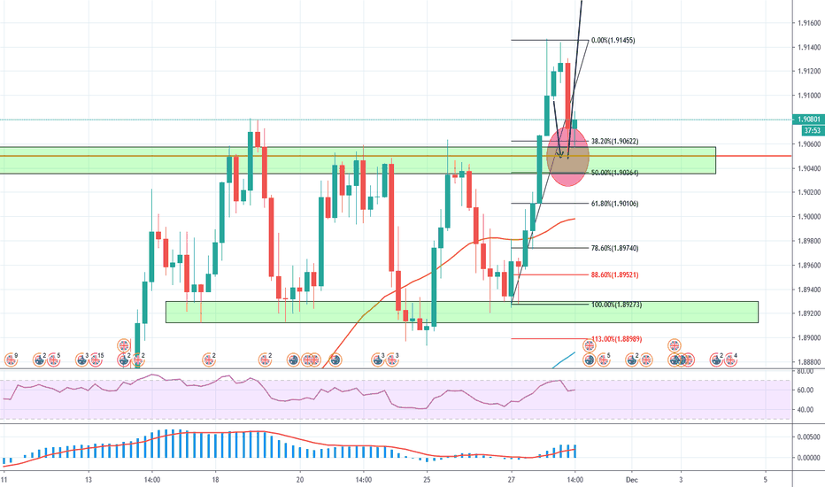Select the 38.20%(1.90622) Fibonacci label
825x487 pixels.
coord(615,141)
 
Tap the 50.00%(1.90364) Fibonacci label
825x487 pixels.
coord(615,173)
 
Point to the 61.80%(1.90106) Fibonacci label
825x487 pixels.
coord(615,204)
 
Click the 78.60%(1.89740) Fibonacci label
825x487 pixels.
coord(615,249)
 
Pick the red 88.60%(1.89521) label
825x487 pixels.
coord(615,275)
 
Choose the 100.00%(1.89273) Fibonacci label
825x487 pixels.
coord(617,305)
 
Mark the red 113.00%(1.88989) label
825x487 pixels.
coord(617,339)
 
